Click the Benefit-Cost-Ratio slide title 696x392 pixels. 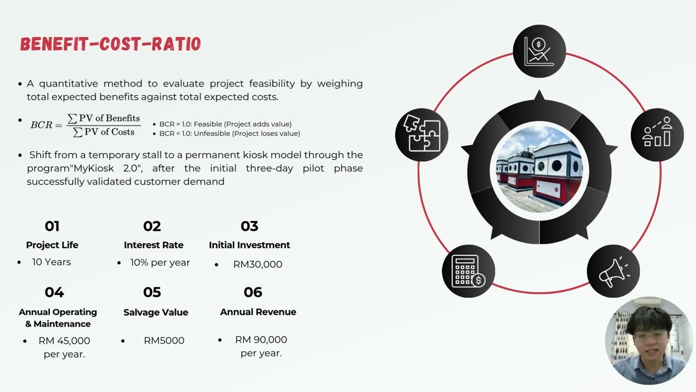[110, 44]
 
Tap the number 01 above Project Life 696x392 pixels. [52, 226]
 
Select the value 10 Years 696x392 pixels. [52, 262]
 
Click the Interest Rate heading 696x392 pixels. [153, 245]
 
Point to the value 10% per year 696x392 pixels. [160, 262]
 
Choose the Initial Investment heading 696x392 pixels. [249, 245]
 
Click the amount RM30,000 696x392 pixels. [258, 264]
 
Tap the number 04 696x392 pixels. [54, 292]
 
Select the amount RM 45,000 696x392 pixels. [64, 341]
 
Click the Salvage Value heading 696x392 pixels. [156, 312]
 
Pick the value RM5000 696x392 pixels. [164, 340]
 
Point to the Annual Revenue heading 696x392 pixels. [258, 312]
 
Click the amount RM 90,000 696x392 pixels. [261, 340]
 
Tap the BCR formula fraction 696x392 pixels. [103, 125]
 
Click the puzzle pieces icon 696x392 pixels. [421, 134]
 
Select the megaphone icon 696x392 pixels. [614, 272]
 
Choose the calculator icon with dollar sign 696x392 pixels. [468, 271]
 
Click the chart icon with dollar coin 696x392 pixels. [539, 51]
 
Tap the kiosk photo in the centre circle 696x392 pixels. [539, 170]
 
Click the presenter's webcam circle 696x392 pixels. [649, 341]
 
